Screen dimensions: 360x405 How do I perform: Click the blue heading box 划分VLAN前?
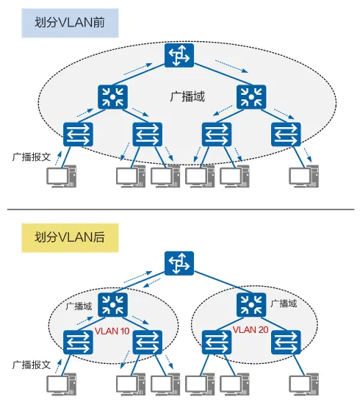pyautogui.click(x=70, y=23)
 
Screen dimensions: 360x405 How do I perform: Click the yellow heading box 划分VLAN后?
pyautogui.click(x=70, y=237)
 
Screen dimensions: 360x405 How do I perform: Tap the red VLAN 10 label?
pyautogui.click(x=112, y=331)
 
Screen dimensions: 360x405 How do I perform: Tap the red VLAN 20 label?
pyautogui.click(x=251, y=329)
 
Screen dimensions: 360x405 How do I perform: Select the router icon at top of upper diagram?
pyautogui.click(x=179, y=56)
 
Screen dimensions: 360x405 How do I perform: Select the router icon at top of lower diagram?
pyautogui.click(x=179, y=263)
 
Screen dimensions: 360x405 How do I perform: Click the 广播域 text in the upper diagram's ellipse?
pyautogui.click(x=187, y=97)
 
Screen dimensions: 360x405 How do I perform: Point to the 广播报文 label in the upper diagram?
pyautogui.click(x=32, y=157)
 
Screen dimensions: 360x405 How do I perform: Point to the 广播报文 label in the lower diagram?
pyautogui.click(x=32, y=365)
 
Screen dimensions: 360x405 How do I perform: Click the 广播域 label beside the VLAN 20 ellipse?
pyautogui.click(x=284, y=304)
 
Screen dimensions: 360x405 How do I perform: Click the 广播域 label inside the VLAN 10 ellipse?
pyautogui.click(x=79, y=307)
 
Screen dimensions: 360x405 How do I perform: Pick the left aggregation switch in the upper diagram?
pyautogui.click(x=112, y=97)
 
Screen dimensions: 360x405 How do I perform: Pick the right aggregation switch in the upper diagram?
pyautogui.click(x=251, y=97)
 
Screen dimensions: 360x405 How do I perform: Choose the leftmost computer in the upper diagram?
pyautogui.click(x=62, y=176)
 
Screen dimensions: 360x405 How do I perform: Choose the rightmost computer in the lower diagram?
pyautogui.click(x=303, y=384)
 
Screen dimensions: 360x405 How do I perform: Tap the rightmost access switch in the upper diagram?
pyautogui.click(x=286, y=135)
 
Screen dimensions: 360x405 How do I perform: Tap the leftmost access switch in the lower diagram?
pyautogui.click(x=78, y=343)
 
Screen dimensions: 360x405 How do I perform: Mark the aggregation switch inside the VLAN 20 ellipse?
pyautogui.click(x=251, y=305)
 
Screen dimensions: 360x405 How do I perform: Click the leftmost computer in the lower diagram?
pyautogui.click(x=62, y=384)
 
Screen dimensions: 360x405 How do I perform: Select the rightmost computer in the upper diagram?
pyautogui.click(x=303, y=176)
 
